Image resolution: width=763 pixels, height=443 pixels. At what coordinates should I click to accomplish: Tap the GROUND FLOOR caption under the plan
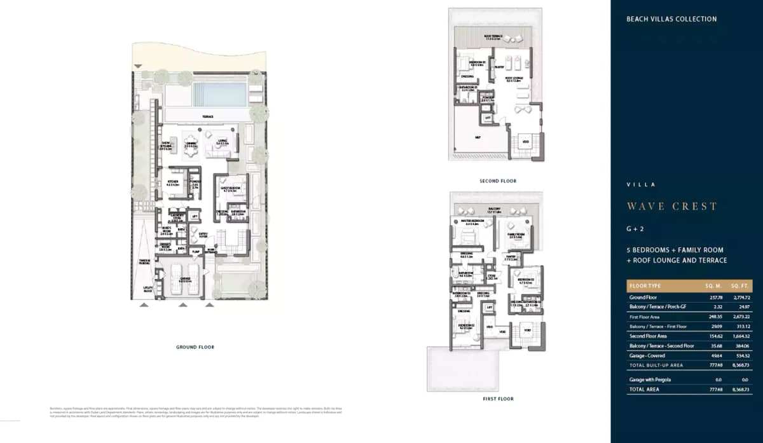pyautogui.click(x=195, y=347)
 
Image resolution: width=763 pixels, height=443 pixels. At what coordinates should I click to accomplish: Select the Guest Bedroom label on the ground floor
pyautogui.click(x=228, y=189)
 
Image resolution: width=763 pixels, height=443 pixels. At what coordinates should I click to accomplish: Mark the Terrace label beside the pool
pyautogui.click(x=207, y=117)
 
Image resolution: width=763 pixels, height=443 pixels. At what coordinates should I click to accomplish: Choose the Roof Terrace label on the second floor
pyautogui.click(x=493, y=37)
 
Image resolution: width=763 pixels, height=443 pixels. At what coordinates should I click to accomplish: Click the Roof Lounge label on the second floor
pyautogui.click(x=514, y=79)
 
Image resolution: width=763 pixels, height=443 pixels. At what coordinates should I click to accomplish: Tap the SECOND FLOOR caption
pyautogui.click(x=498, y=181)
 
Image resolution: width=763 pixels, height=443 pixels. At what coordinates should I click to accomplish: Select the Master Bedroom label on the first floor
pyautogui.click(x=472, y=222)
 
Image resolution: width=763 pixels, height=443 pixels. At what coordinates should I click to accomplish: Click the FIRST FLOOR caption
pyautogui.click(x=498, y=399)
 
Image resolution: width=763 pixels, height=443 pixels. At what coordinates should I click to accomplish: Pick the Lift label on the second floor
pyautogui.click(x=488, y=118)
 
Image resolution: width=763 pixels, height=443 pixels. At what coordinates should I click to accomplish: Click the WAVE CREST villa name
pyautogui.click(x=672, y=206)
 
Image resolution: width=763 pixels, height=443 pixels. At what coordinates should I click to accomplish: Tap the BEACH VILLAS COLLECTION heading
pyautogui.click(x=671, y=19)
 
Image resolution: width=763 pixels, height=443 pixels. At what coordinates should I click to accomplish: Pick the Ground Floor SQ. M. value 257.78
pyautogui.click(x=699, y=297)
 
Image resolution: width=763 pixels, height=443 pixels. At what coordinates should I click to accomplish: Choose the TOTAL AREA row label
pyautogui.click(x=645, y=389)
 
